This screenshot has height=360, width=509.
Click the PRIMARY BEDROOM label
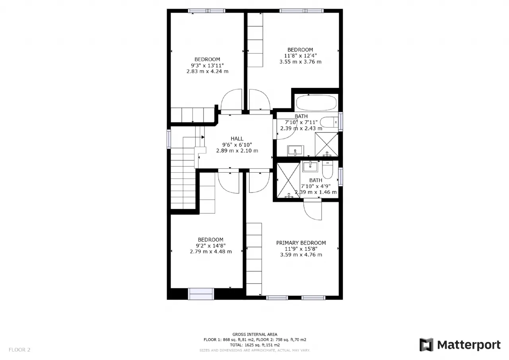pyautogui.click(x=301, y=243)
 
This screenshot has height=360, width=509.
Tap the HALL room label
pyautogui.click(x=237, y=139)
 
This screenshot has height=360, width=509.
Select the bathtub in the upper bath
pyautogui.click(x=317, y=103)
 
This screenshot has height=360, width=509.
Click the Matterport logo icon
pyautogui.click(x=426, y=344)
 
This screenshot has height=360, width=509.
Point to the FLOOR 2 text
pyautogui.click(x=19, y=350)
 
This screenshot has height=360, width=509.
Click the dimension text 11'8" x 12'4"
pyautogui.click(x=300, y=56)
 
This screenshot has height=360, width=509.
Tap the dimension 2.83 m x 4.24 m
pyautogui.click(x=208, y=71)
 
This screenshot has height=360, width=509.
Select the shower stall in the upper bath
pyautogui.click(x=326, y=144)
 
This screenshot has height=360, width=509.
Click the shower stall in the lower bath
pyautogui.click(x=289, y=180)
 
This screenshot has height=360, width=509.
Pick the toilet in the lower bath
pyautogui.click(x=327, y=169)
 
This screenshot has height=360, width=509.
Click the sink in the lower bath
pyautogui.click(x=311, y=166)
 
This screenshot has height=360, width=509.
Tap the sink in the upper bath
pyautogui.click(x=295, y=151)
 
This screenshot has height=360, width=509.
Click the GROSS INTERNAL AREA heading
pyautogui.click(x=255, y=334)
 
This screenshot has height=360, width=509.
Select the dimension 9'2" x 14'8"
pyautogui.click(x=211, y=246)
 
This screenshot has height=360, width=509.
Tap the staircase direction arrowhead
pyautogui.click(x=203, y=137)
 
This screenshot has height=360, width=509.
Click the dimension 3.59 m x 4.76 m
pyautogui.click(x=301, y=255)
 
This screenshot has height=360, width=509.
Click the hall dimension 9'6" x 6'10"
pyautogui.click(x=237, y=145)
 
